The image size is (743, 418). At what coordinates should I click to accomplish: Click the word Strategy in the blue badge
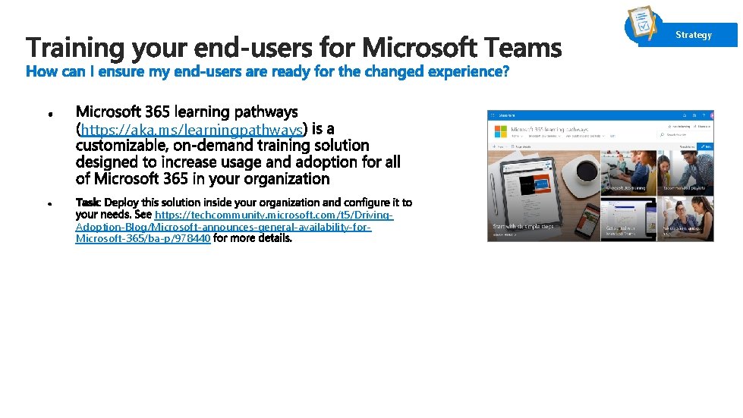tap(694, 35)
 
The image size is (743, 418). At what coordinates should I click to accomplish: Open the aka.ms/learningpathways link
tap(191, 129)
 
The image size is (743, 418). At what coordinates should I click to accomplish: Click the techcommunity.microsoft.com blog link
tap(273, 215)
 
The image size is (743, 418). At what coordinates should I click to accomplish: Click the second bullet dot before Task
tap(48, 205)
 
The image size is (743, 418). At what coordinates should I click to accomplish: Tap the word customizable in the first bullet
tap(120, 146)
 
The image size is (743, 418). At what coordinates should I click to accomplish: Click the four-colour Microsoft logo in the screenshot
tap(500, 131)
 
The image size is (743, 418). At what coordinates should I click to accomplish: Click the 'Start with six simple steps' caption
tap(524, 226)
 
